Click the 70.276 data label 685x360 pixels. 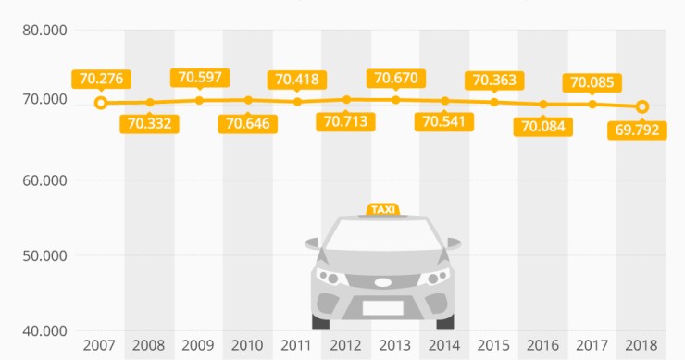click(100, 78)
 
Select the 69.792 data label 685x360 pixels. click(637, 129)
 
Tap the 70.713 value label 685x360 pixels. click(345, 121)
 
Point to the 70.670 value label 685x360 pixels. click(394, 78)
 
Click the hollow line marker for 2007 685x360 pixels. click(101, 103)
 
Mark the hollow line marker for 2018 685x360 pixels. click(641, 106)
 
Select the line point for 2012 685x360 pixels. click(345, 99)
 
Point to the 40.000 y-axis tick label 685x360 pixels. click(44, 330)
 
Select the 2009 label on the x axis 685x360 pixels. click(198, 346)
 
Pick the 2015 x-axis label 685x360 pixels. click(493, 346)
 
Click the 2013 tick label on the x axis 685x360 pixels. click(394, 346)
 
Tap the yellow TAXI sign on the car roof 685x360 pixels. click(382, 209)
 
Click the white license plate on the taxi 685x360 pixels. click(382, 308)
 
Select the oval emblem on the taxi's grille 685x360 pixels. click(382, 282)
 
